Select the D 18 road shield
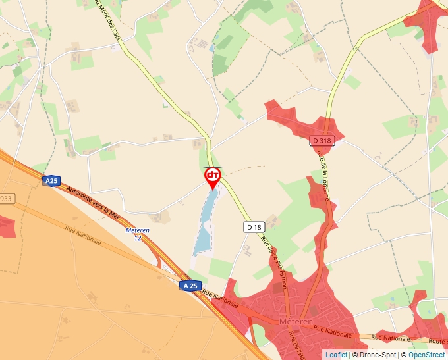pos(254,227)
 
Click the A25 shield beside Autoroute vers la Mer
pos(51,180)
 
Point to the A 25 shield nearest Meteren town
pos(190,285)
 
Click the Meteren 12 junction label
pos(137,234)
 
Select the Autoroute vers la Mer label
pos(93,201)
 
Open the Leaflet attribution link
pos(336,355)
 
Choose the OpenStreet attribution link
pos(426,355)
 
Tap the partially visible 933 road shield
pos(5,199)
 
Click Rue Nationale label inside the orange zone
pos(83,235)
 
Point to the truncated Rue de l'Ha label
pos(294,346)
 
